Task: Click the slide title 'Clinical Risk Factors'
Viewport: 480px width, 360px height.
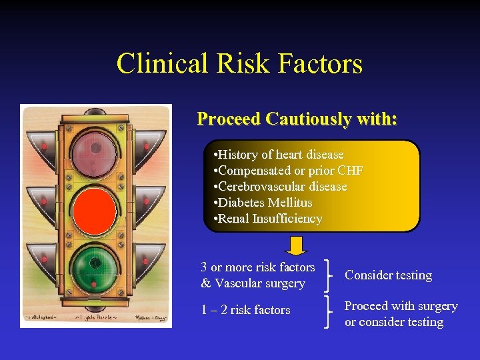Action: click(239, 64)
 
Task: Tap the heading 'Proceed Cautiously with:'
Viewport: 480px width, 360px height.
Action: click(297, 119)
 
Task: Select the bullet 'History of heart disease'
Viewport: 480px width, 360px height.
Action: click(277, 155)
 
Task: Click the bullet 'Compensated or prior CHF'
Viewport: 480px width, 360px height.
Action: click(287, 171)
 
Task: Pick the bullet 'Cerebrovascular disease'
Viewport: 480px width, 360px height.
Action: click(279, 187)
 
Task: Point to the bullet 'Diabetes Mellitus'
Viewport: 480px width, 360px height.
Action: click(262, 203)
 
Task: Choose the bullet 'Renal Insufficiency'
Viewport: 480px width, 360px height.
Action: click(267, 219)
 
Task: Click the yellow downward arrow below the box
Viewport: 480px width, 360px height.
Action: click(295, 245)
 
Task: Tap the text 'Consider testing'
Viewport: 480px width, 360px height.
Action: click(388, 275)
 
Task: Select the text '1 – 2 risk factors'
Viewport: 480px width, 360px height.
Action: click(245, 310)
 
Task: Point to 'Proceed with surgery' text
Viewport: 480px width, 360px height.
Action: click(401, 306)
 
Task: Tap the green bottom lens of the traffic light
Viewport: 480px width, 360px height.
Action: click(95, 263)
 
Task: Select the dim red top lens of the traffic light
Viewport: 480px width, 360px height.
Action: click(95, 155)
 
